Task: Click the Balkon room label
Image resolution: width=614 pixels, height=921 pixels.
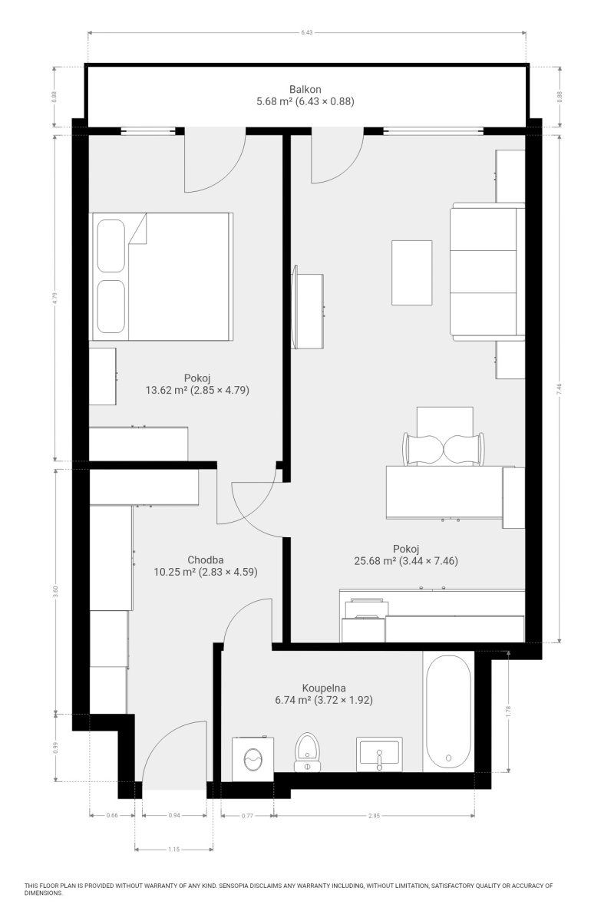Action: coord(305,89)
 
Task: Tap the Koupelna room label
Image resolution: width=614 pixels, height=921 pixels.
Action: coord(324,688)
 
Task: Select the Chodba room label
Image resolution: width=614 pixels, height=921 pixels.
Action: coord(205,560)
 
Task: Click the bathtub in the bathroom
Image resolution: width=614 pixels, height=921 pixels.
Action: coord(449,711)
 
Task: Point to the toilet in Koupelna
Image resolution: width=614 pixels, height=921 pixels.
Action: coord(307,751)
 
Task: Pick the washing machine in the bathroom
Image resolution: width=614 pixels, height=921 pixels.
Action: coord(253,758)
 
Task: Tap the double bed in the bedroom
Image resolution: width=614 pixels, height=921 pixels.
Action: coord(161,276)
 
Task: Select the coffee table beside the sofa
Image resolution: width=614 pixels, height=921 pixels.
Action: coord(411,272)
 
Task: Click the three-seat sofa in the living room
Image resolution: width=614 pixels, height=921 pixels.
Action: coord(487,272)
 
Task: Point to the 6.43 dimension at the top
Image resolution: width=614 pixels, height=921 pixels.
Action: coord(306,32)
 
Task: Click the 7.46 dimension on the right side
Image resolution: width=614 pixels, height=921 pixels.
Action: coord(559,389)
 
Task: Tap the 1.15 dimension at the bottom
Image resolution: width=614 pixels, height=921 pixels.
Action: coord(174,849)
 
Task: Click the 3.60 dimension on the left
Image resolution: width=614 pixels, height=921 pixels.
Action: coord(55,592)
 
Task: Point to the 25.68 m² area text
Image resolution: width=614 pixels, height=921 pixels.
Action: coord(375,560)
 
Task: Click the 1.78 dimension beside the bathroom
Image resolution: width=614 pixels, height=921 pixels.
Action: coord(509,711)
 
